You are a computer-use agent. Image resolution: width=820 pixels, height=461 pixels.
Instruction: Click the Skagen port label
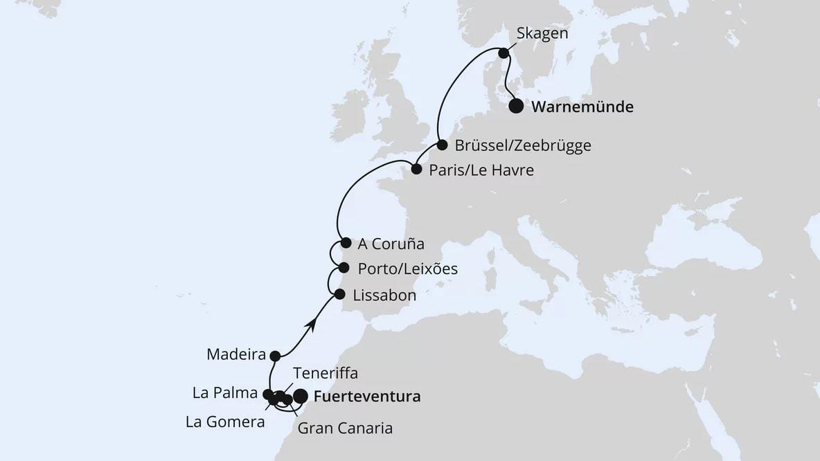pos(538,34)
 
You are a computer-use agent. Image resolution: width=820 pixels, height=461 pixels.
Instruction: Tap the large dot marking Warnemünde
pos(516,107)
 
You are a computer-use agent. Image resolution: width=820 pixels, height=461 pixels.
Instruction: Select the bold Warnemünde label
pos(582,107)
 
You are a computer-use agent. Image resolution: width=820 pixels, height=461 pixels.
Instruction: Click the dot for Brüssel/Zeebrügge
pos(442,145)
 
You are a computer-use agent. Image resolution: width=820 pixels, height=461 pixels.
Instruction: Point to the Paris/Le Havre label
pos(482,170)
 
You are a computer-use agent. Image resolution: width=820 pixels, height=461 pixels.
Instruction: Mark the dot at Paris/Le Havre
pos(416,169)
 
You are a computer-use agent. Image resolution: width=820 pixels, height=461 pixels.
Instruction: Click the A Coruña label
pos(391,244)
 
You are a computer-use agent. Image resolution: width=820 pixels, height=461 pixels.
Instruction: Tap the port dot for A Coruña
pos(346,243)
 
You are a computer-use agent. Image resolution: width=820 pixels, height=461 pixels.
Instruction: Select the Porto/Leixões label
pos(408,269)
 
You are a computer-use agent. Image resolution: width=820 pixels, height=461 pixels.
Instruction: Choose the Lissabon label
pos(384,296)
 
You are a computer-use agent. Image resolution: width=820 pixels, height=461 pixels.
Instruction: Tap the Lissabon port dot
pos(339,294)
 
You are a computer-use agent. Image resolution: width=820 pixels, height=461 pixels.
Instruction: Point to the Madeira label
pos(236,355)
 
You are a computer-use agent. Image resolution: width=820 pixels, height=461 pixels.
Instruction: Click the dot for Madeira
pos(275,356)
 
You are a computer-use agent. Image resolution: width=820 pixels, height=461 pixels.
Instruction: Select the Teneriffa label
pos(325,373)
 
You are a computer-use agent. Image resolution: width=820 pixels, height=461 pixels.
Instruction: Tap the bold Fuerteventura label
pos(366,397)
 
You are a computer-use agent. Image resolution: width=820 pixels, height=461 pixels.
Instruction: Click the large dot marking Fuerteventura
pos(301,396)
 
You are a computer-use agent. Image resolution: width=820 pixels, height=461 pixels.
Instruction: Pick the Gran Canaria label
pos(345,428)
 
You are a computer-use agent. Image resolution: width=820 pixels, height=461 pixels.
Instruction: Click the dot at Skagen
pos(504,52)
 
